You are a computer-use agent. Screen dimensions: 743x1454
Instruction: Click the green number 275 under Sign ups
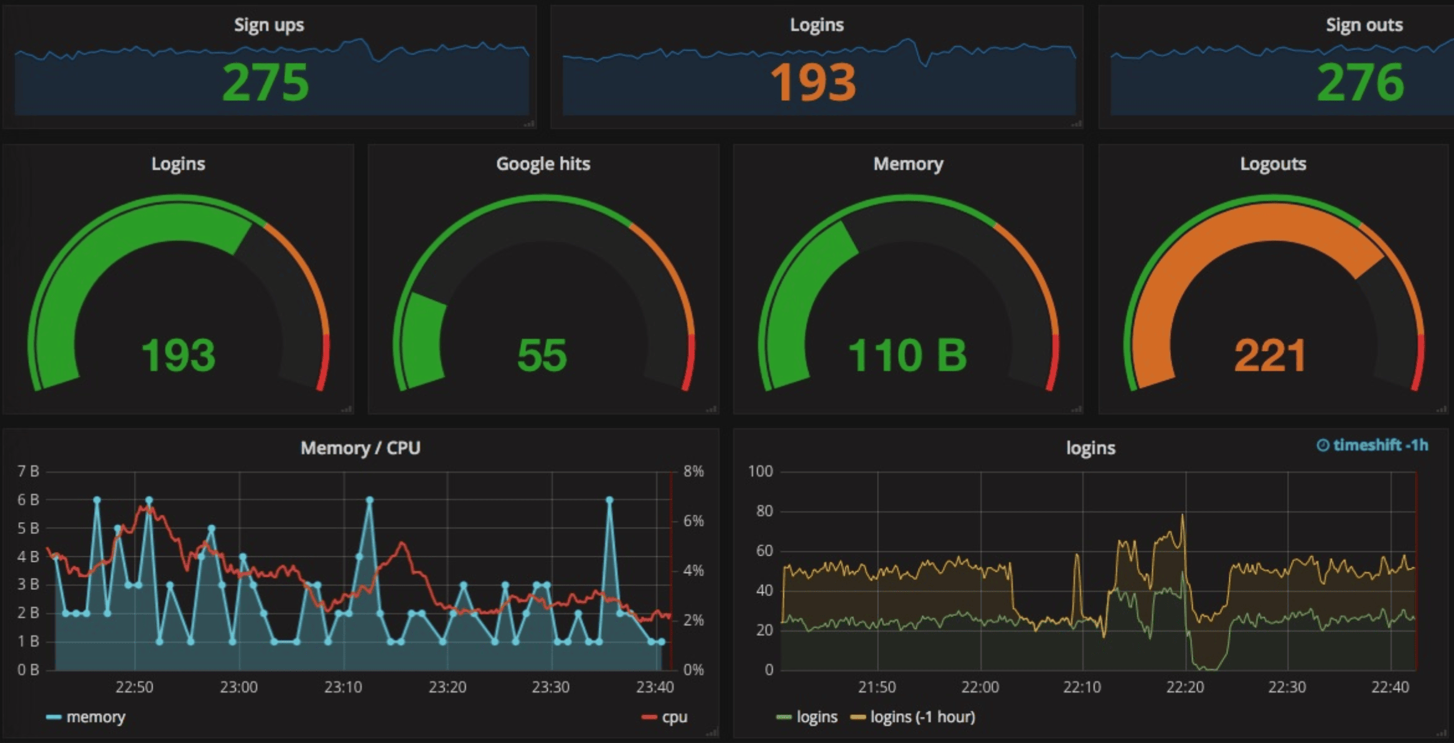(266, 83)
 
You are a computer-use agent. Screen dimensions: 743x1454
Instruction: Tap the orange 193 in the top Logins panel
(814, 83)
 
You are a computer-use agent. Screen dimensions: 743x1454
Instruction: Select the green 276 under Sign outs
(1361, 83)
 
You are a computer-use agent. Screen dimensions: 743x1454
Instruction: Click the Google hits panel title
(543, 164)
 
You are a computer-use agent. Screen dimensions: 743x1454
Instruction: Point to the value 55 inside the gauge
(542, 355)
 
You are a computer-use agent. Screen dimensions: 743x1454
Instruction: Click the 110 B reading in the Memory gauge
(908, 355)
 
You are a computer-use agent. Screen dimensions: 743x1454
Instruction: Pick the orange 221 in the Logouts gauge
(1270, 355)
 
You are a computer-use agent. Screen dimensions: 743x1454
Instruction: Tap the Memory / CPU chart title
(360, 448)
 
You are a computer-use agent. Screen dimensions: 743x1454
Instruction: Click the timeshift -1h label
(1372, 445)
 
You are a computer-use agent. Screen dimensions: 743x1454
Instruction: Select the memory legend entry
(95, 717)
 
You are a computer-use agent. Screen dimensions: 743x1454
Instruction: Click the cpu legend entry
(674, 717)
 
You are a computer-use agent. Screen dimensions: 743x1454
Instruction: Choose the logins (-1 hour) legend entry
(922, 717)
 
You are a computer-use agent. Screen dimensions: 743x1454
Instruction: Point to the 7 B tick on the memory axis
(28, 471)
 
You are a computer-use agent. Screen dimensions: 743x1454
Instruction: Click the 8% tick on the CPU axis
(693, 471)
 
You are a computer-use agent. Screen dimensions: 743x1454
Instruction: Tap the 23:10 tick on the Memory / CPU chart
(343, 687)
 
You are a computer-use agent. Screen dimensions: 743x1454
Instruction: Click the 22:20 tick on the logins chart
(1184, 687)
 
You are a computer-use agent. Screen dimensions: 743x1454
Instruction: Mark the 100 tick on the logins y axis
(760, 471)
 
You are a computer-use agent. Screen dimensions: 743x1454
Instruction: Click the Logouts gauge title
(1273, 164)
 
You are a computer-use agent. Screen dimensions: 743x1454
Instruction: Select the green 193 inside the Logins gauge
(178, 355)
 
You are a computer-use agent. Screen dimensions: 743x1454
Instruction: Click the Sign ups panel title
(269, 25)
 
